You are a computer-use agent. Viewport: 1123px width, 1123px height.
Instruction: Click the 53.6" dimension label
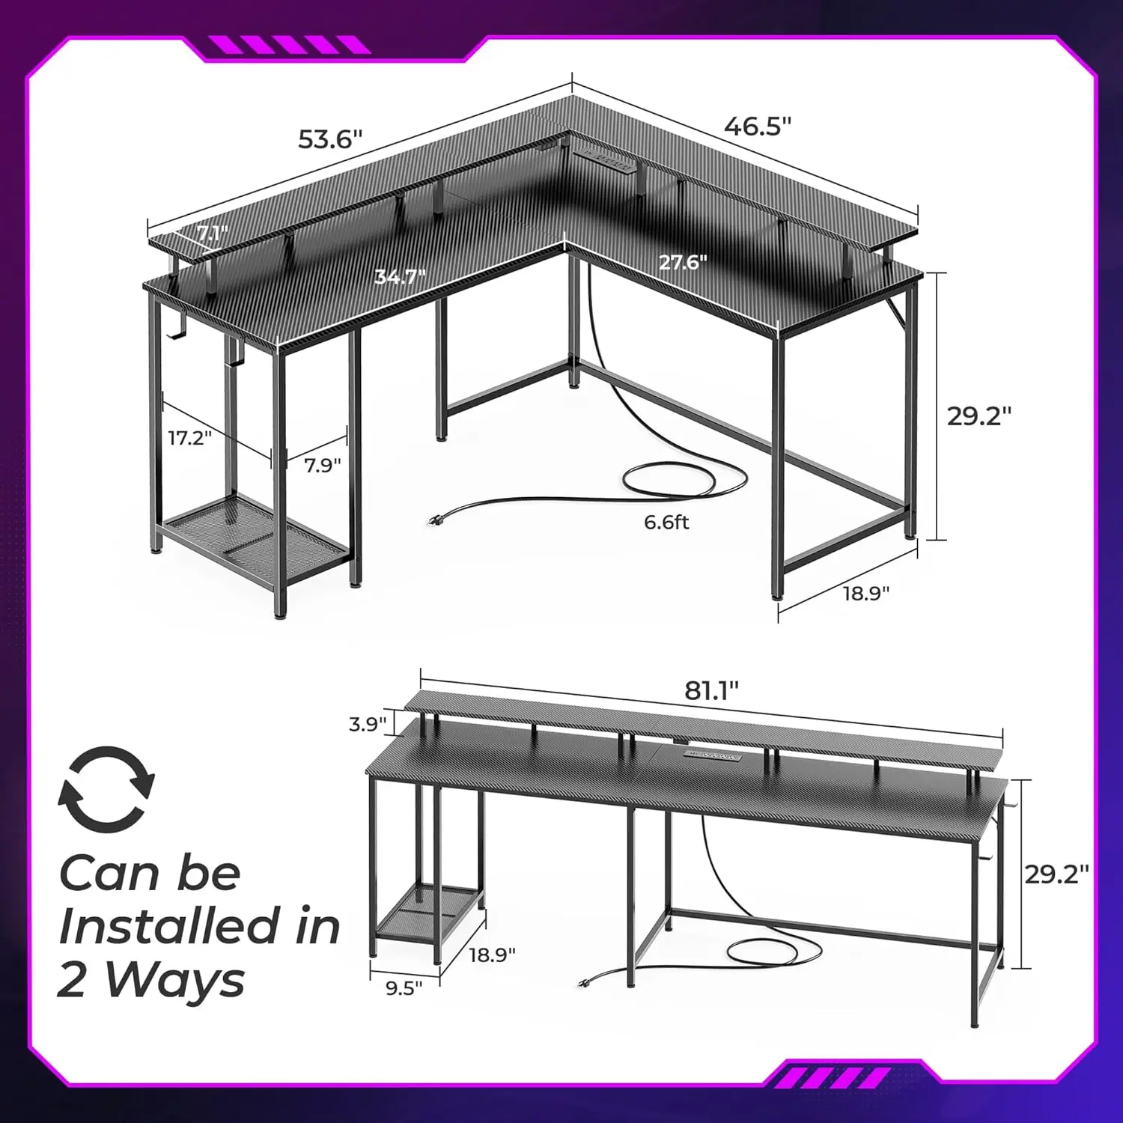pos(329,139)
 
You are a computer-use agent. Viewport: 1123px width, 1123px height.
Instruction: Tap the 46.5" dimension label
pos(757,127)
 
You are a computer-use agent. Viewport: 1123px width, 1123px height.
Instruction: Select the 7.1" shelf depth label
pos(213,234)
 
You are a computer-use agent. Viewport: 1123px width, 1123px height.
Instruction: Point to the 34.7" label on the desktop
pos(400,277)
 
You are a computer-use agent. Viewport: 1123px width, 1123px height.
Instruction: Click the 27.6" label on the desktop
pos(683,263)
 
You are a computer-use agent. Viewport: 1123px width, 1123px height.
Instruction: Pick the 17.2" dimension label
pos(190,438)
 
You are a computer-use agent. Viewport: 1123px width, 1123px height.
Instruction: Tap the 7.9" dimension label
pos(322,466)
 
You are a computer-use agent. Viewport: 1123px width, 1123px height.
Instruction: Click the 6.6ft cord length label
pos(666,522)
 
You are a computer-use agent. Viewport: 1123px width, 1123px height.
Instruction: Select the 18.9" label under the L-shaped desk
pos(866,593)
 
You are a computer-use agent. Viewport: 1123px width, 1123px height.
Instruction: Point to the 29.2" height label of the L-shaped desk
pos(979,416)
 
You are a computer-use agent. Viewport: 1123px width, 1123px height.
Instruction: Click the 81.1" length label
pos(711,690)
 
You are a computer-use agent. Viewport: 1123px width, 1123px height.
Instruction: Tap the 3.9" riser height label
pos(368,724)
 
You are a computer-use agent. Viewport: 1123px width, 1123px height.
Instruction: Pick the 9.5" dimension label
pos(404,988)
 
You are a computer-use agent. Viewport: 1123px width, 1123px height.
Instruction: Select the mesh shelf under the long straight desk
pos(427,913)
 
